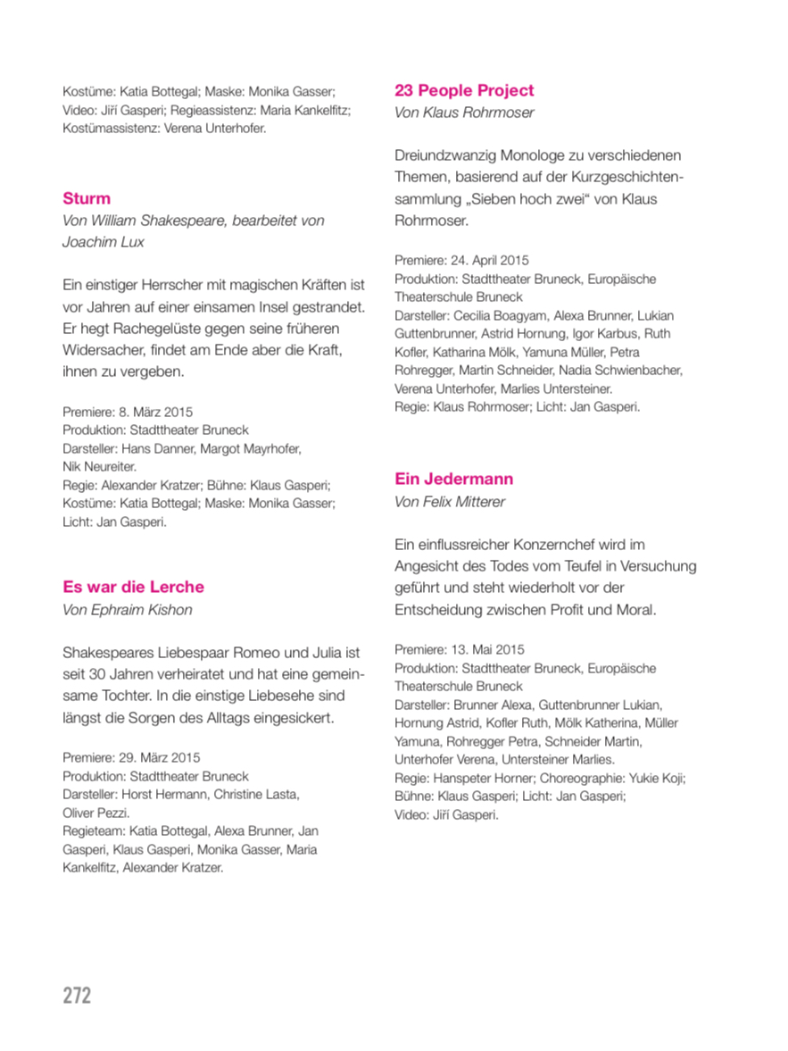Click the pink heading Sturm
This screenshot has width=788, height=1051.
[x=87, y=198]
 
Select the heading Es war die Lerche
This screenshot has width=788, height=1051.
[x=133, y=587]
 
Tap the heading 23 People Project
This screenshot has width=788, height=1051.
[x=464, y=90]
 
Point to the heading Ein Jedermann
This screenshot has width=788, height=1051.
[x=453, y=479]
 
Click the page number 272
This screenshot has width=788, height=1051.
[x=77, y=995]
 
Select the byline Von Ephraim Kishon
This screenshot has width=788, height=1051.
[x=128, y=610]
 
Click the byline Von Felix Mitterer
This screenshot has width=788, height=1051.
[x=450, y=502]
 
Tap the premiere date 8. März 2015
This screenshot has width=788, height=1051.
[x=155, y=413]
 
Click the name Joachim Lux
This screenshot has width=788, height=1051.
[x=104, y=242]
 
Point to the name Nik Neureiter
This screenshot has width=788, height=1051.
[x=99, y=467]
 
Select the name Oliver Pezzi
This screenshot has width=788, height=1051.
[x=96, y=813]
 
